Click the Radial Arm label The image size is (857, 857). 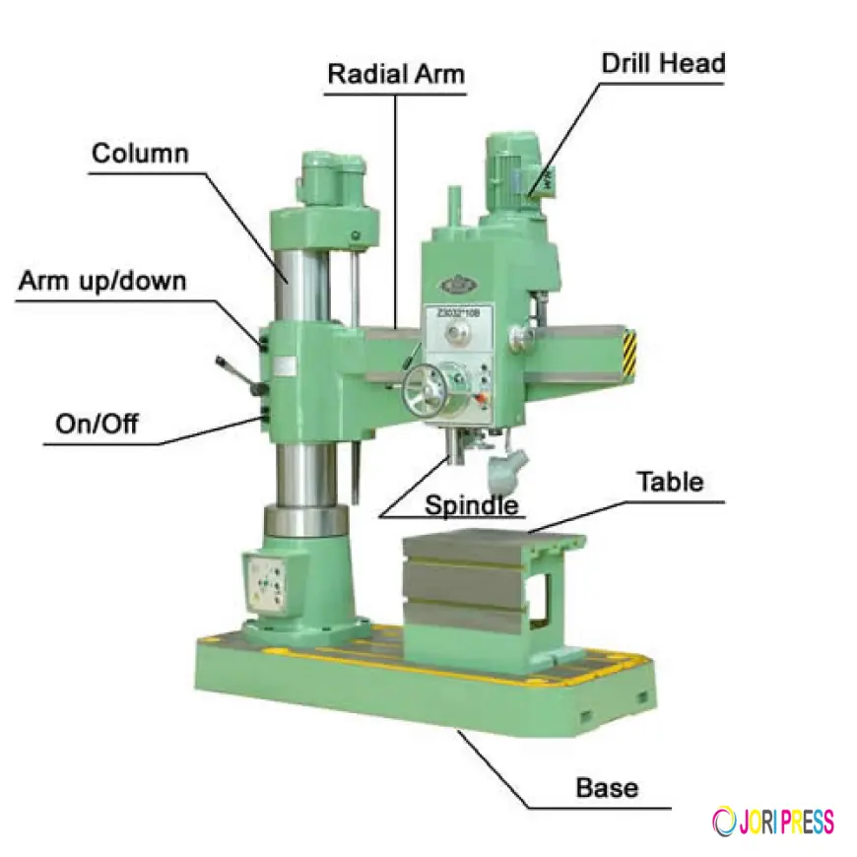tap(396, 74)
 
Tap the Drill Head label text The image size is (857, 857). tap(663, 64)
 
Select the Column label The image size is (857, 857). tap(140, 154)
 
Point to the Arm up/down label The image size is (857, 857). tap(101, 281)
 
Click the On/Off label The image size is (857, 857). tap(97, 425)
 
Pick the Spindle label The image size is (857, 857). tap(471, 506)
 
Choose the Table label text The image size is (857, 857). tap(670, 482)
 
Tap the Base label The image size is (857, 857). tap(607, 788)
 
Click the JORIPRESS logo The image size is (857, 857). tap(772, 821)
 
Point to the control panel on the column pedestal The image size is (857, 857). tap(264, 585)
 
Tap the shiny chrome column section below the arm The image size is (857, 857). tap(301, 473)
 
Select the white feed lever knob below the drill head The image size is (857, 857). tap(506, 470)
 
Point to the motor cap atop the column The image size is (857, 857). tap(329, 183)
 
